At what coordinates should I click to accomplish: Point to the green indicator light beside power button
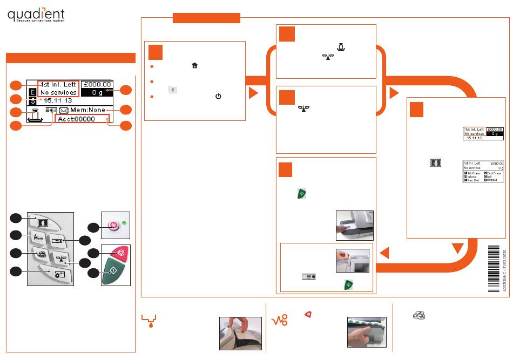tap(124, 222)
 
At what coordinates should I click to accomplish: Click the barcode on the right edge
tap(495, 268)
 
